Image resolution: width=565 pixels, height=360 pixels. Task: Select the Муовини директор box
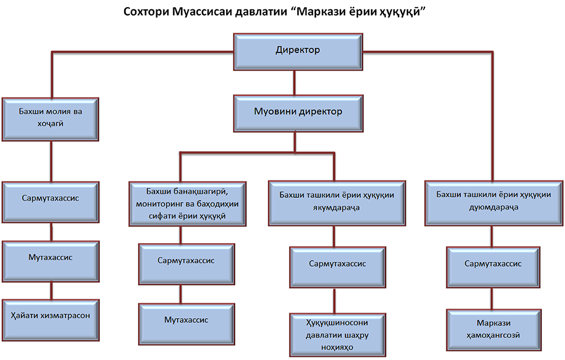coord(298,112)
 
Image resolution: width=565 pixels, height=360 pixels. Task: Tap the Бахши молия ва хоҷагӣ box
coord(51,119)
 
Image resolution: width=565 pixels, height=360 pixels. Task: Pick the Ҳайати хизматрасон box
coord(51,316)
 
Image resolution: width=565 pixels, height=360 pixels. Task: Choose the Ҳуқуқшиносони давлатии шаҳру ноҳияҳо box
coord(337,332)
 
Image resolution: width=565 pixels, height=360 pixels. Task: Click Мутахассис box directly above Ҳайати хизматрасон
coord(51,258)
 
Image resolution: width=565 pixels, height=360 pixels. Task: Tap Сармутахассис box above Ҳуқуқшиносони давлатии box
coord(337,265)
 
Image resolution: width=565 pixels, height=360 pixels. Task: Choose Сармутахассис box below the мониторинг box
coord(185,261)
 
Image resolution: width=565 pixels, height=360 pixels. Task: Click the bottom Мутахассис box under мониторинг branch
coord(185,320)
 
